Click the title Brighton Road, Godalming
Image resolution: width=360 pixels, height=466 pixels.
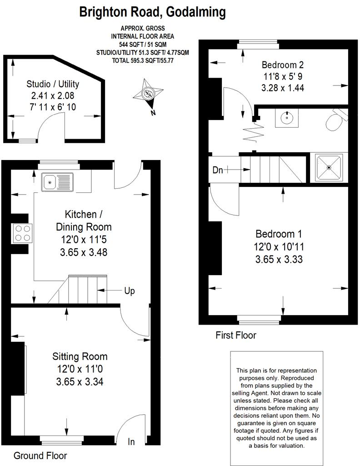tap(152, 12)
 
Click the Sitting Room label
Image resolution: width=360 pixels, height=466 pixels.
tap(80, 356)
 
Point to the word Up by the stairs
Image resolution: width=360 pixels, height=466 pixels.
tap(129, 291)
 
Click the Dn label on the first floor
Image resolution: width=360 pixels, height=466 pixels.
tap(218, 170)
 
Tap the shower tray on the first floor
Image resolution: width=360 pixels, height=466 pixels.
tap(329, 168)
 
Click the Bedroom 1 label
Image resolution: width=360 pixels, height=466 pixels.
tap(279, 234)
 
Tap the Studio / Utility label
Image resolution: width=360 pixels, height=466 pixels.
tap(53, 84)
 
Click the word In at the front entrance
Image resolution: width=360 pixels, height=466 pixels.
tap(131, 442)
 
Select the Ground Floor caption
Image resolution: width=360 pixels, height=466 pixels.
tap(40, 456)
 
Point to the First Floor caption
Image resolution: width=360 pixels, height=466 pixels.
tap(235, 336)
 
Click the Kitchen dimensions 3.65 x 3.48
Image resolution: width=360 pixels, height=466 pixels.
tap(84, 252)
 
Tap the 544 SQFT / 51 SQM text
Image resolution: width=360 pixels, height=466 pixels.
tap(142, 44)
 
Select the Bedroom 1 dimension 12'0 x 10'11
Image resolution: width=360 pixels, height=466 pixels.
tap(279, 247)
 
